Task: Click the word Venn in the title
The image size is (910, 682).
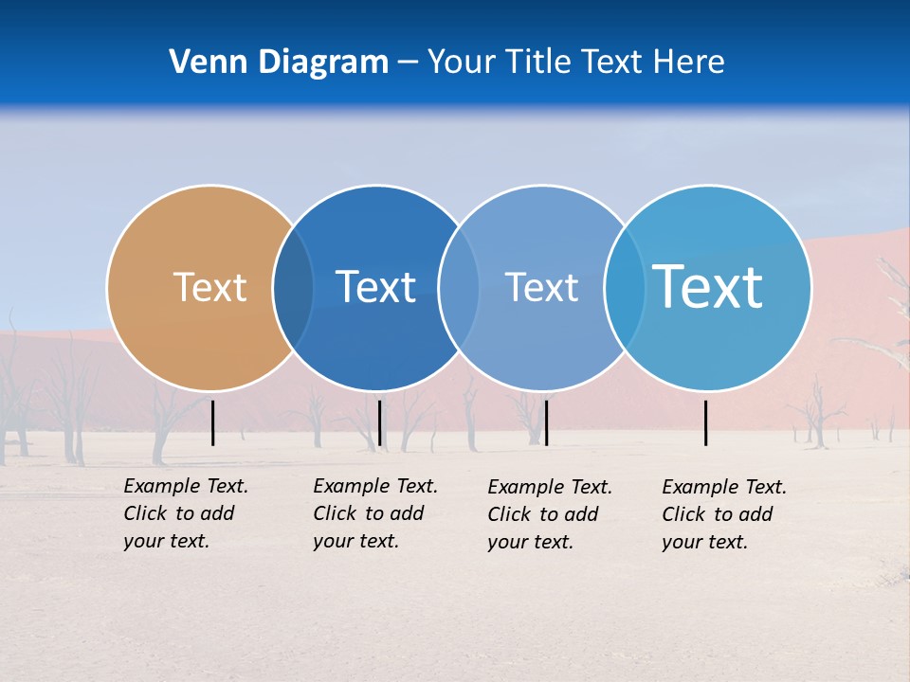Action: coord(207,63)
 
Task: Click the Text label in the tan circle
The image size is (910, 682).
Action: coord(209,287)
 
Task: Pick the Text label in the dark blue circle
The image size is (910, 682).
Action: coord(375,287)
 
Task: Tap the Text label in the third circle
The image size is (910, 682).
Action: coord(541,287)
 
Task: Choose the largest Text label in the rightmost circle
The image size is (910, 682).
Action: coord(707,287)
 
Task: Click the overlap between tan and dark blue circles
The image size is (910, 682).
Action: coord(294,288)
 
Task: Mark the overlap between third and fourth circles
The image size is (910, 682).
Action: coord(625,288)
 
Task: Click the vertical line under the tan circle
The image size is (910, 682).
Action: coord(213,422)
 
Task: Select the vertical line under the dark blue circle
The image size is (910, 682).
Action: coord(379,422)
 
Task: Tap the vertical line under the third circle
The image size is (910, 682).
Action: coord(546,422)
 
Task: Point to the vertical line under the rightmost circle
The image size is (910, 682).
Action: coord(706,422)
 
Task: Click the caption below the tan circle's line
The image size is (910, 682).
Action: coord(186,513)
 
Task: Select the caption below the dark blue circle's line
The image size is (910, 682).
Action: coord(375,513)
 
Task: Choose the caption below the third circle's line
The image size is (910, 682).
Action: coord(550,514)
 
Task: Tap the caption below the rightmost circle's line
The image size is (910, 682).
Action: coord(724,514)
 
